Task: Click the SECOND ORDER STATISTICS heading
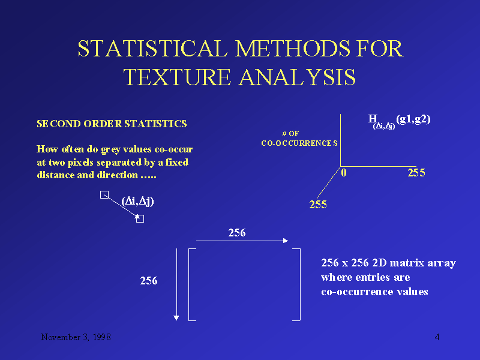[x=112, y=124]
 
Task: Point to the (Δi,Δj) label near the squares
[x=137, y=201]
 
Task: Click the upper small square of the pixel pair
[x=104, y=194]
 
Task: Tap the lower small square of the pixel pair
[x=140, y=219]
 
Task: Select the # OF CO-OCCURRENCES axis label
[x=299, y=139]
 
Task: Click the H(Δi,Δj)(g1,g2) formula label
[x=399, y=120]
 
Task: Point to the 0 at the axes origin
[x=344, y=173]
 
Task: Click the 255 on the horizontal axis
[x=416, y=173]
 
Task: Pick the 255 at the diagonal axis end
[x=317, y=205]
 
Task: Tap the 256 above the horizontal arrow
[x=237, y=233]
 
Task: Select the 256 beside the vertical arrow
[x=149, y=280]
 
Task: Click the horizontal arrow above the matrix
[x=242, y=241]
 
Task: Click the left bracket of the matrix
[x=190, y=284]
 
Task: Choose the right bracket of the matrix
[x=298, y=284]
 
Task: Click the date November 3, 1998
[x=75, y=337]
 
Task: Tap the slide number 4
[x=437, y=337]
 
